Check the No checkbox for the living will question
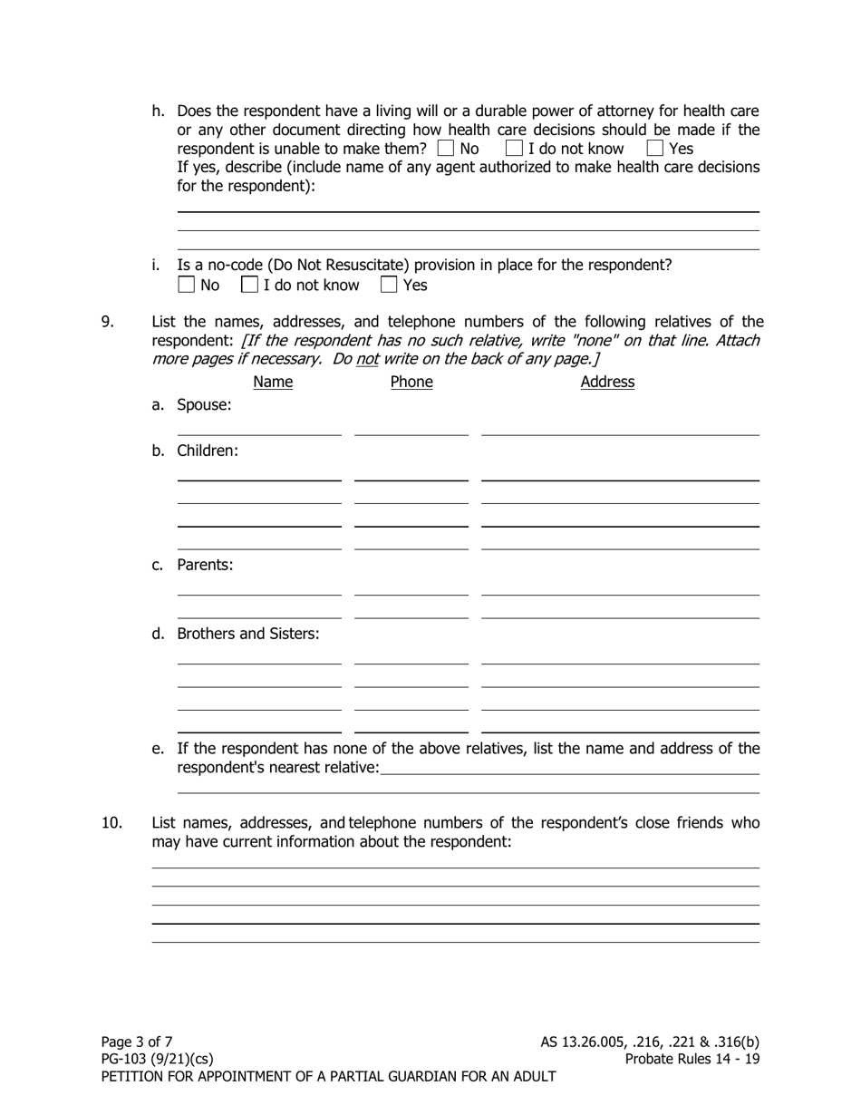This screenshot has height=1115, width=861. (x=446, y=148)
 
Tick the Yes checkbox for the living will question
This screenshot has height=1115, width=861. (x=655, y=148)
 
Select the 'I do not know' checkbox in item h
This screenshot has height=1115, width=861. (x=514, y=148)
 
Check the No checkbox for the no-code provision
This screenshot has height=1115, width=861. (x=186, y=285)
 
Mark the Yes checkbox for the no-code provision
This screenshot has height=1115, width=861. (x=389, y=285)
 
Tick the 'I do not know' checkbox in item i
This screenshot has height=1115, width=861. (x=249, y=285)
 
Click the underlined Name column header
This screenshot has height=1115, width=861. (x=273, y=382)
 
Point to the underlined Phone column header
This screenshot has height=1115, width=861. (x=411, y=382)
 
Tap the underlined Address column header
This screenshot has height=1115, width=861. (x=607, y=382)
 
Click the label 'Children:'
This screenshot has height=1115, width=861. (x=208, y=451)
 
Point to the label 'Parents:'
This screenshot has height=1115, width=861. (x=205, y=565)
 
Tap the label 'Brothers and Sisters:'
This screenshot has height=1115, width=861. (x=247, y=634)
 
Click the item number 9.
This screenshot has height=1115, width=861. (x=107, y=321)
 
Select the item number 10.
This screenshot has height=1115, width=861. (x=111, y=823)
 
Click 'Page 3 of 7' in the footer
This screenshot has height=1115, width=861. (x=137, y=1042)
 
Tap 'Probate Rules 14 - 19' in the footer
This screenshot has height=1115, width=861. (x=692, y=1059)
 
